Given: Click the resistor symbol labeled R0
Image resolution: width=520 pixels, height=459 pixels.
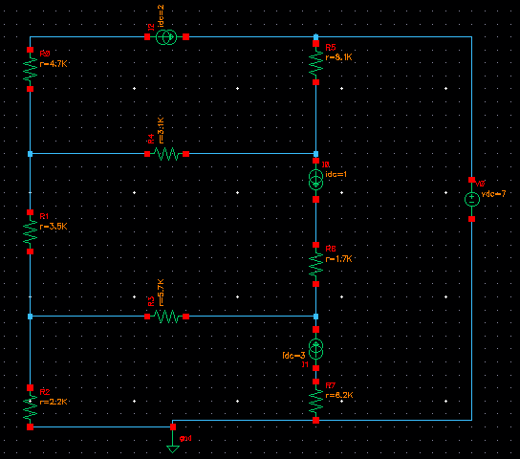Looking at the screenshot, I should pos(31,69).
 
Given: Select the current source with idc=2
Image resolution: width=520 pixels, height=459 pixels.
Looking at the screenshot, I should pos(166,36).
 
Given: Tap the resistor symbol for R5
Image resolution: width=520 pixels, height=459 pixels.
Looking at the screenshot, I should pos(315,62).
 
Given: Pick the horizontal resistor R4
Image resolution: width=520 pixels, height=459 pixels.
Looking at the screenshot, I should pos(166,153).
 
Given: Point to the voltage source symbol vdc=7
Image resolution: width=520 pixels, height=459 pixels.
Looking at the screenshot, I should pos(471,199).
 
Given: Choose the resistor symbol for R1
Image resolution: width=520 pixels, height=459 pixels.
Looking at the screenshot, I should pos(31,232).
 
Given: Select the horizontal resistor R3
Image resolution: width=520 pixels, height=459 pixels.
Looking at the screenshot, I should pos(166,316).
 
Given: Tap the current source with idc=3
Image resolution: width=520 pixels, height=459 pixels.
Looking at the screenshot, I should pos(315,347).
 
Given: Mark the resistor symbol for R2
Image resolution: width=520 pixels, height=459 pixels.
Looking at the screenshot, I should pos(31,408).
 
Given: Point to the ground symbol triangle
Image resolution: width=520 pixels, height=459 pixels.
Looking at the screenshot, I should pos(172,446).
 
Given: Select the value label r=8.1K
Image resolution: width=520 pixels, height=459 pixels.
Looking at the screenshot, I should pos(339,57).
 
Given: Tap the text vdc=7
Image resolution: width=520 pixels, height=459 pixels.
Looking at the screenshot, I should pos(494,194).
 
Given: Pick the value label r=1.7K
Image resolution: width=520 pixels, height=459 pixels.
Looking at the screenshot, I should pos(339,258).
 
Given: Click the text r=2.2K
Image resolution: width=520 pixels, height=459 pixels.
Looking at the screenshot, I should pos(54,402).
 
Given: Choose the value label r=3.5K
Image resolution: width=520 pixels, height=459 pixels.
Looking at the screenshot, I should pos(54,227).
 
